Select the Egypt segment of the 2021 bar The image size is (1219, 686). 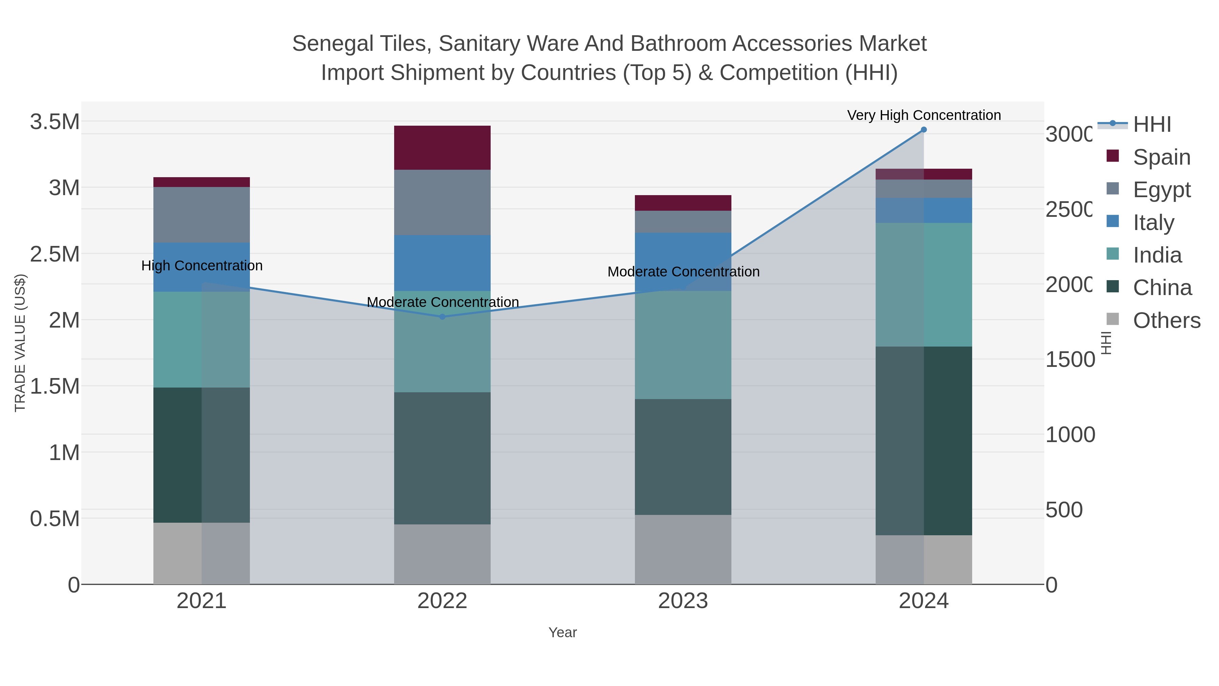click(x=201, y=214)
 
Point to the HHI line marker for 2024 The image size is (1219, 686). click(x=923, y=130)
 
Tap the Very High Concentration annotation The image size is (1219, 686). click(x=923, y=116)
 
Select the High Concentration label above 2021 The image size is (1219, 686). click(x=201, y=266)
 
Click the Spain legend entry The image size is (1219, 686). click(x=1161, y=157)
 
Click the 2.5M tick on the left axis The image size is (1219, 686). click(x=55, y=254)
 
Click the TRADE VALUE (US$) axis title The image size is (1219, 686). click(x=20, y=343)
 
